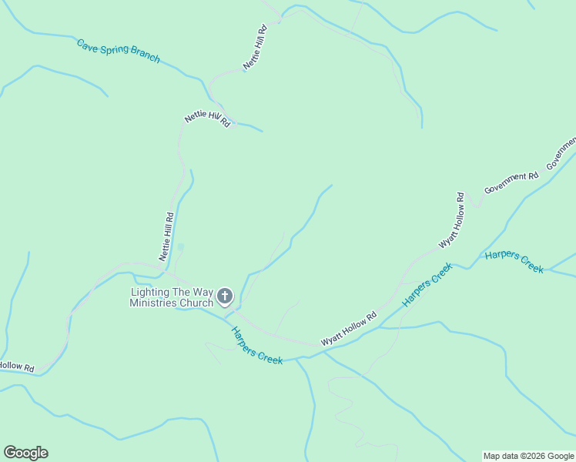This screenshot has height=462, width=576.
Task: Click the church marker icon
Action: click(225, 296)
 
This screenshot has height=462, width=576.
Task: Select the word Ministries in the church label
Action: click(153, 303)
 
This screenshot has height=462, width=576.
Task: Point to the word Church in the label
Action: click(196, 303)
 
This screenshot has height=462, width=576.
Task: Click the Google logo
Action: click(25, 453)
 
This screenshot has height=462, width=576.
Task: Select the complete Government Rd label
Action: click(511, 182)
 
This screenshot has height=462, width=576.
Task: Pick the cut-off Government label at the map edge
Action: click(561, 154)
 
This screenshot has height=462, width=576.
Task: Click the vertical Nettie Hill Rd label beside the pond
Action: click(167, 237)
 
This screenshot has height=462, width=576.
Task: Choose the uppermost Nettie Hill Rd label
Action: click(255, 48)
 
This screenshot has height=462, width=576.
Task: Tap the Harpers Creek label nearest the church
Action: click(257, 345)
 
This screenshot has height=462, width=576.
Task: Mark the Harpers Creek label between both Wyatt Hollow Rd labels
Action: click(427, 286)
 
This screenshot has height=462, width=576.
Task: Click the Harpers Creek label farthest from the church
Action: click(514, 262)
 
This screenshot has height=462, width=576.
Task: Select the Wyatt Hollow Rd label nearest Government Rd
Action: click(451, 220)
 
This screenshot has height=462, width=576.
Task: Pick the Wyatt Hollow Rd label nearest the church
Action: click(349, 328)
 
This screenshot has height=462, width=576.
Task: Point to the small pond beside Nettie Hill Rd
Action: click(181, 247)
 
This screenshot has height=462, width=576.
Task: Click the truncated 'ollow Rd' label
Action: click(17, 367)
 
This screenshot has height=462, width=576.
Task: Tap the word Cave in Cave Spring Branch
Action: click(89, 45)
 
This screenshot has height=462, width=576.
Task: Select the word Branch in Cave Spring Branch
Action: click(145, 55)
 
